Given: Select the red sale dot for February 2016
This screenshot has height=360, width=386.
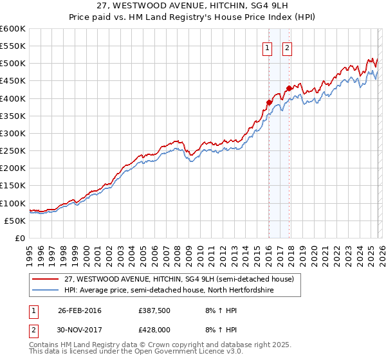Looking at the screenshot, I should [x=269, y=102].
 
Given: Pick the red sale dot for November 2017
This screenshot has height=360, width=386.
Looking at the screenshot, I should [x=289, y=88].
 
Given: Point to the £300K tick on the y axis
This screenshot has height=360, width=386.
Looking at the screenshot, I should [x=12, y=134].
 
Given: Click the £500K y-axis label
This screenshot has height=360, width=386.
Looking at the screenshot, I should [x=12, y=64].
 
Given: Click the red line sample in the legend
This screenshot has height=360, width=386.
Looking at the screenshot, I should [x=46, y=279].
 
